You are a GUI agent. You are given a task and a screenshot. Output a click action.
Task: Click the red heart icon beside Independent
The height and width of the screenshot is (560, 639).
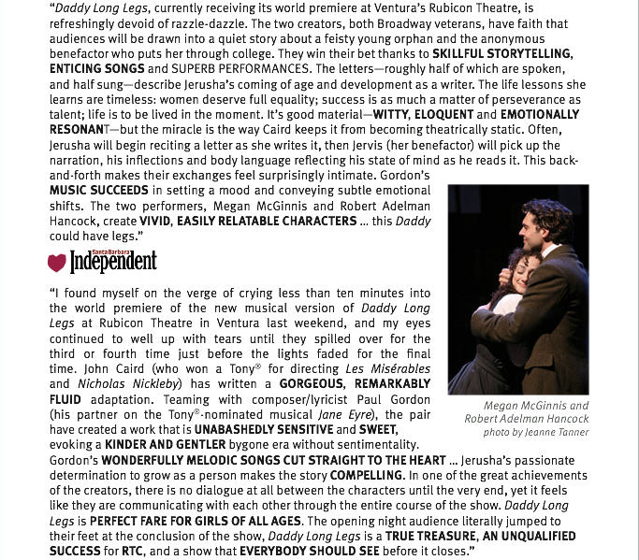tap(56, 263)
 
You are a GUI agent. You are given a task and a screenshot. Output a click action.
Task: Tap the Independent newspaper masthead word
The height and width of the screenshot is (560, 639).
tap(113, 263)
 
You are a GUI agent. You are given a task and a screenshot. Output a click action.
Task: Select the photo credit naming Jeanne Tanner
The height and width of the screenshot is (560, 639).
tap(536, 433)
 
